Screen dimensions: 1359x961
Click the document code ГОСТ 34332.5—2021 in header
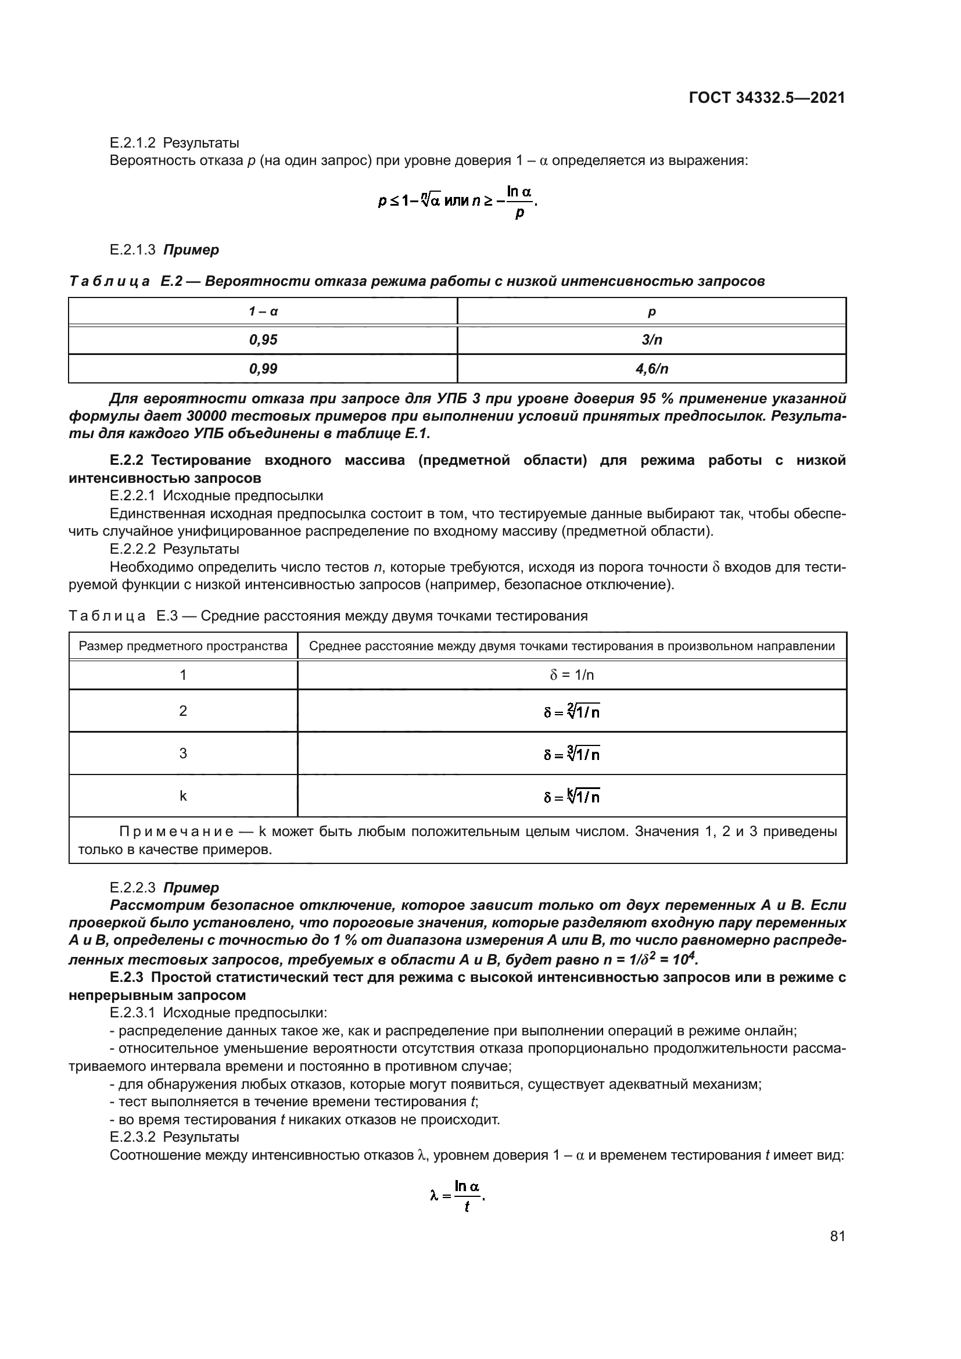(x=766, y=98)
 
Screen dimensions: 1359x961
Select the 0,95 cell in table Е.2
(x=263, y=340)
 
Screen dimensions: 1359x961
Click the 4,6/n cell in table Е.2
(x=651, y=369)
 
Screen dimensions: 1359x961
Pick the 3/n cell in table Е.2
(x=651, y=340)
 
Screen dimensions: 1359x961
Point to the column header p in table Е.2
(x=651, y=311)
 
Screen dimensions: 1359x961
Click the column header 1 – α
(x=263, y=311)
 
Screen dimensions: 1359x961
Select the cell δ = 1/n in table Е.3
(x=572, y=675)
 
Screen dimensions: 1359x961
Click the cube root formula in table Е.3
(x=572, y=754)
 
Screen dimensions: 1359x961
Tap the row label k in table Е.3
(x=183, y=796)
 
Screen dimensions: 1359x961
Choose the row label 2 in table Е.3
(x=183, y=711)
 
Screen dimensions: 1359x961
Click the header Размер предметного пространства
(x=183, y=646)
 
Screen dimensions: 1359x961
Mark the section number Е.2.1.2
(x=132, y=143)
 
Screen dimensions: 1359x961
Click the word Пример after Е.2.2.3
(x=191, y=887)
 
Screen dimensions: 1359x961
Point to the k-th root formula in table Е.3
(x=572, y=796)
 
